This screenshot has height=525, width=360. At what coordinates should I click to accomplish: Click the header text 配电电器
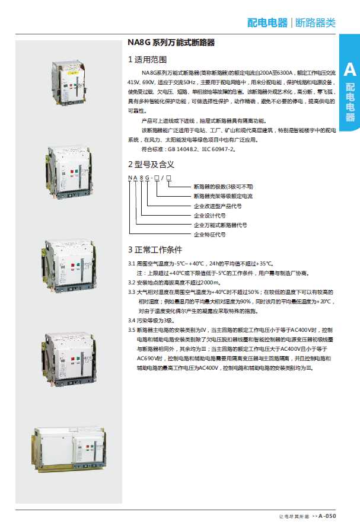pos(267,23)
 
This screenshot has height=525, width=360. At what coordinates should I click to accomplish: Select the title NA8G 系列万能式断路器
pos(171,43)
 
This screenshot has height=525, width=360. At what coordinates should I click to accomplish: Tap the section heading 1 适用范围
pos(147,60)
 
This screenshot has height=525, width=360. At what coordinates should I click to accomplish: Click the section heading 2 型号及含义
pos(151,164)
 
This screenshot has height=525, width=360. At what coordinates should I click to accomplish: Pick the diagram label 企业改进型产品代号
pos(218,206)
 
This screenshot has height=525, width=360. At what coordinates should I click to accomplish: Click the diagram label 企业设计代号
pos(210,215)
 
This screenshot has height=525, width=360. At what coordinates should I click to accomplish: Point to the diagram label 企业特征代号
pos(210,235)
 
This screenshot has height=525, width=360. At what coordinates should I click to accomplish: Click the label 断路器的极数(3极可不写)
pos(224,186)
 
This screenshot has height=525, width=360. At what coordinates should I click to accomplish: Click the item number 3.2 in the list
pos(133,283)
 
